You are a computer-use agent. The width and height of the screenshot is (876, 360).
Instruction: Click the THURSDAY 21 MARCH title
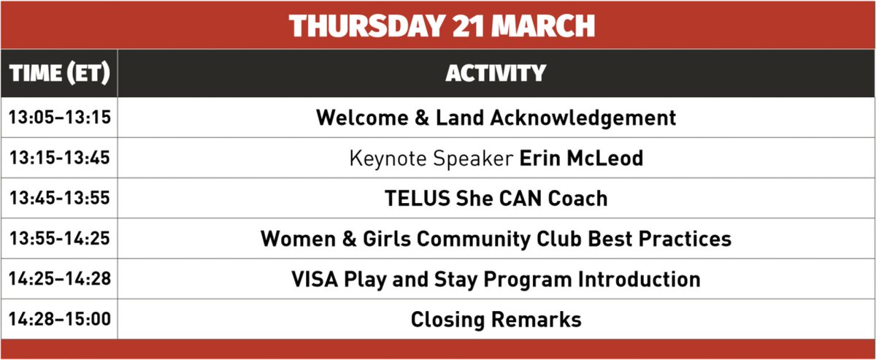pyautogui.click(x=442, y=26)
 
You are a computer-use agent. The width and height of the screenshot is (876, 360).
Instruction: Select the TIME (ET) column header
pyautogui.click(x=59, y=74)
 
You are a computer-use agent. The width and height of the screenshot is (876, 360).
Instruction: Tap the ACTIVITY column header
pyautogui.click(x=496, y=74)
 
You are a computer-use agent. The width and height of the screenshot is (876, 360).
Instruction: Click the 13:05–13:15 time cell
pyautogui.click(x=59, y=118)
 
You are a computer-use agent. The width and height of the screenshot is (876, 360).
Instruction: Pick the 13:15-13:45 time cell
pyautogui.click(x=59, y=158)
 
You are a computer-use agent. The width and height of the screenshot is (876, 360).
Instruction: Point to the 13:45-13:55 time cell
pyautogui.click(x=59, y=199)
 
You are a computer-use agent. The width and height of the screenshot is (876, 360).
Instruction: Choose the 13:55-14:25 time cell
pyautogui.click(x=59, y=239)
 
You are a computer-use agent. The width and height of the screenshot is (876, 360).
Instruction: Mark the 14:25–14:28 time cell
pyautogui.click(x=59, y=279)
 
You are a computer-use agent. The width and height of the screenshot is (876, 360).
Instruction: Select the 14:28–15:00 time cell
pyautogui.click(x=59, y=319)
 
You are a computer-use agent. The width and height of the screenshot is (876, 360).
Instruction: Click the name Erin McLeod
pyautogui.click(x=581, y=158)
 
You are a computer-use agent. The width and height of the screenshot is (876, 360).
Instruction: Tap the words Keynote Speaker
pyautogui.click(x=431, y=158)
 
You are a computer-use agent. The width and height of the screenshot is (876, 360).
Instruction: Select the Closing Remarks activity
pyautogui.click(x=496, y=319)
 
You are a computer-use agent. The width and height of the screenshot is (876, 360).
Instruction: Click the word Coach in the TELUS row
pyautogui.click(x=577, y=199)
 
